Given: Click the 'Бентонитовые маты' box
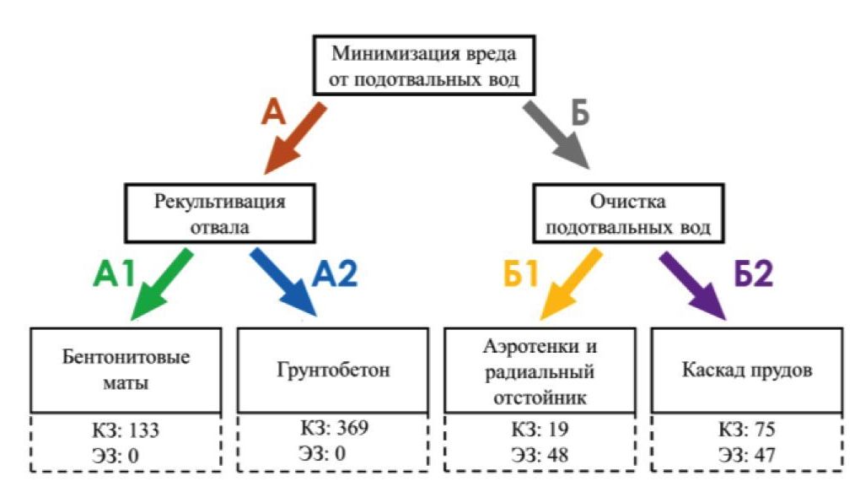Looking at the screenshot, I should pyautogui.click(x=126, y=370).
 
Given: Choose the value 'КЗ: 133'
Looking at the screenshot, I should pyautogui.click(x=126, y=431).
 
